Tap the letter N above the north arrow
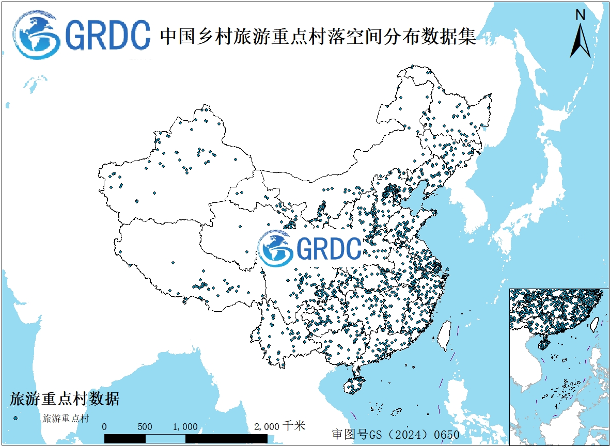click(x=581, y=15)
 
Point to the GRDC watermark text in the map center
click(x=329, y=248)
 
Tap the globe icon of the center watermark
click(x=276, y=248)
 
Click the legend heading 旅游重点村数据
click(x=65, y=399)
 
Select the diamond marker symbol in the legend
click(x=17, y=418)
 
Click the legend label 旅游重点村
click(x=66, y=418)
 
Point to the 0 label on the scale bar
click(x=105, y=427)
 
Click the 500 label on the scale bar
click(x=145, y=427)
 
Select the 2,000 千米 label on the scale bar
click(x=279, y=426)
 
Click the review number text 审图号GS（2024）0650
click(x=396, y=434)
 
